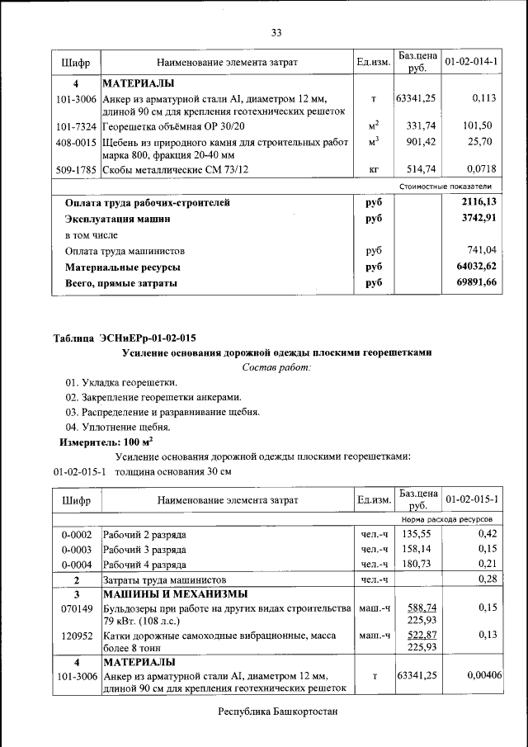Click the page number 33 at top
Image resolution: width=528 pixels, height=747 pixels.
(276, 32)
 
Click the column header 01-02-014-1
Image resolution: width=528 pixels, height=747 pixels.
(471, 62)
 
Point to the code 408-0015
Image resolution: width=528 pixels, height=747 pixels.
(76, 142)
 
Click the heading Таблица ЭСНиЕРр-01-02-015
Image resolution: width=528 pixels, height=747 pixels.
(125, 338)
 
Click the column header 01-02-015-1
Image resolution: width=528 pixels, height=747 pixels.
(471, 500)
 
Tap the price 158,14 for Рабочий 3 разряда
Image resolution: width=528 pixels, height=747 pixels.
(420, 549)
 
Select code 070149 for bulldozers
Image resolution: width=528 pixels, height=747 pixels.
(77, 608)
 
